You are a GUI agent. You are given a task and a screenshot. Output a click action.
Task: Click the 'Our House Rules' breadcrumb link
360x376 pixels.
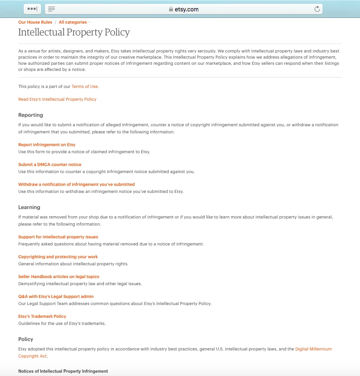click(x=35, y=22)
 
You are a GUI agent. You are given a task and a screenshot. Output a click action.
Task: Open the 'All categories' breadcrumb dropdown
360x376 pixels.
click(x=73, y=22)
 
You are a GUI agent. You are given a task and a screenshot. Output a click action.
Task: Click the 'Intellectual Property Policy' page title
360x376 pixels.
click(x=74, y=33)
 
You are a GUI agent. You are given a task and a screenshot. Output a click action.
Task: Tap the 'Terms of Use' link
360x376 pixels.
click(x=85, y=87)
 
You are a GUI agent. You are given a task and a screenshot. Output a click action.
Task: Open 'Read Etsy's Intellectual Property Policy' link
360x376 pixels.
click(x=57, y=99)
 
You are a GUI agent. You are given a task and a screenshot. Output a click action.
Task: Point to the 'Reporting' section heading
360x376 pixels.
click(x=31, y=115)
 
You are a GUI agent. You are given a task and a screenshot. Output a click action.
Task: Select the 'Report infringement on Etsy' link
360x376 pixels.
click(x=47, y=145)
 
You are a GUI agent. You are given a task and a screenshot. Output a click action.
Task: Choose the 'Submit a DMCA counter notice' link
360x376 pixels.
click(x=50, y=165)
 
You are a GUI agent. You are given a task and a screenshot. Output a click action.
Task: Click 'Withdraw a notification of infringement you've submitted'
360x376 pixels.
click(x=77, y=184)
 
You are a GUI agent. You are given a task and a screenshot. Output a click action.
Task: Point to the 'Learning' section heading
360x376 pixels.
click(x=29, y=207)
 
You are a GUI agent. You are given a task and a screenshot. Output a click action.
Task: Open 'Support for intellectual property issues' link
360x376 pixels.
click(x=58, y=237)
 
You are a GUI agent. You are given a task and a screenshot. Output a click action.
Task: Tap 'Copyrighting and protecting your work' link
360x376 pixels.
click(x=58, y=257)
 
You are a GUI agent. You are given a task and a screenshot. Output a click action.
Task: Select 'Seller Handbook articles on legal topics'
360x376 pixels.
click(x=59, y=277)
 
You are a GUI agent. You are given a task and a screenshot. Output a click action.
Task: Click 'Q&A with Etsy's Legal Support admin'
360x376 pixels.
click(x=56, y=297)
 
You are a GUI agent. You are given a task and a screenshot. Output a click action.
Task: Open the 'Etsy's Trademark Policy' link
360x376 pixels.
click(x=42, y=316)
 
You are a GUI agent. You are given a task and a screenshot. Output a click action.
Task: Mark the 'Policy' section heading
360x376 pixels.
click(x=26, y=339)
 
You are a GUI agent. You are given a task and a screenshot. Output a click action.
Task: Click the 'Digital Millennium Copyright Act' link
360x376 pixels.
click(x=313, y=349)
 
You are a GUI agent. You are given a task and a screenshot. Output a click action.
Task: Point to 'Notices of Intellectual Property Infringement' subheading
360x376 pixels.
click(x=63, y=371)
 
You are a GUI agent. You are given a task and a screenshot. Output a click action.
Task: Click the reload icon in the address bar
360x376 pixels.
click(x=317, y=9)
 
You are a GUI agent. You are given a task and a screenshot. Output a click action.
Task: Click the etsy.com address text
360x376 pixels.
click(x=187, y=9)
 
